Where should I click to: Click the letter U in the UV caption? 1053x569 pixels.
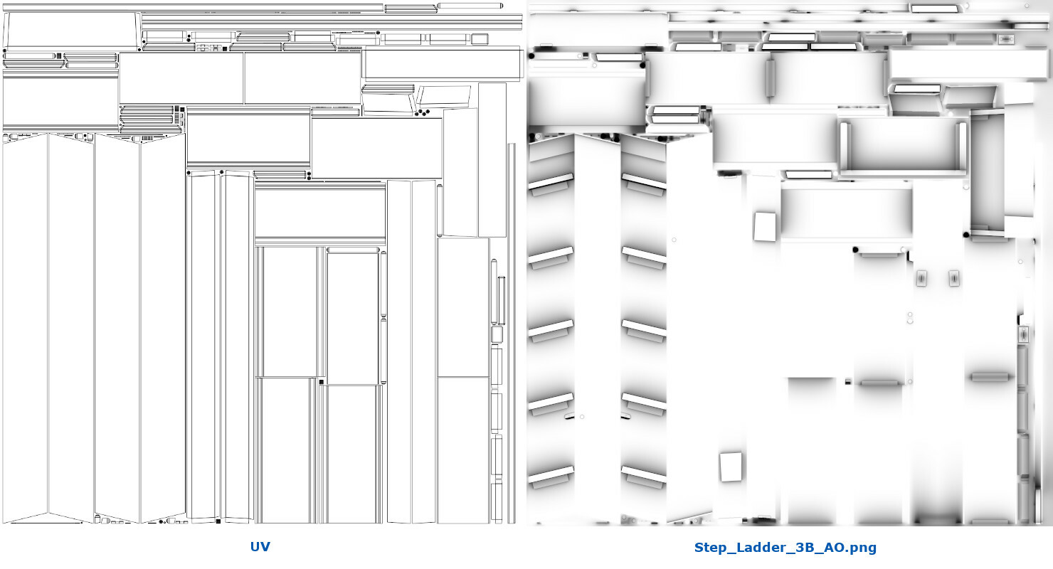[x=255, y=547]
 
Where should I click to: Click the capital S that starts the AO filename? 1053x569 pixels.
[x=699, y=548]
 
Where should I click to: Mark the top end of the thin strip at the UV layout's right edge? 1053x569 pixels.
[x=512, y=144]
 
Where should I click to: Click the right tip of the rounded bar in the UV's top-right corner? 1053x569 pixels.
[x=502, y=6]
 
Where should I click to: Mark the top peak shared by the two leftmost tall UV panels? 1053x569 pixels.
[x=48, y=134]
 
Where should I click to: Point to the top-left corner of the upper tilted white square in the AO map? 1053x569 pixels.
[x=755, y=213]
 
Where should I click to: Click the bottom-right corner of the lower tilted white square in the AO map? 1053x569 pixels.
[x=741, y=479]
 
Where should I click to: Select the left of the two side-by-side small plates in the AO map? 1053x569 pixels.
[x=921, y=278]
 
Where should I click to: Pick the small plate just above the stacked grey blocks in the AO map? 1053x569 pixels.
[x=1023, y=334]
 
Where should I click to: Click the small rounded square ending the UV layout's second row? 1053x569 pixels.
[x=480, y=39]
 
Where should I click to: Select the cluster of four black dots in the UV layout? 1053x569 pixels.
[x=422, y=113]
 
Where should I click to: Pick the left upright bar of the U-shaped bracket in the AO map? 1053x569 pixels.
[x=844, y=147]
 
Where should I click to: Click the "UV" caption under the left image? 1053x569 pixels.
[x=260, y=547]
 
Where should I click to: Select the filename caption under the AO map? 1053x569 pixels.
[x=785, y=548]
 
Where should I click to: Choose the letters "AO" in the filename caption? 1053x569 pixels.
[x=835, y=548]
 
